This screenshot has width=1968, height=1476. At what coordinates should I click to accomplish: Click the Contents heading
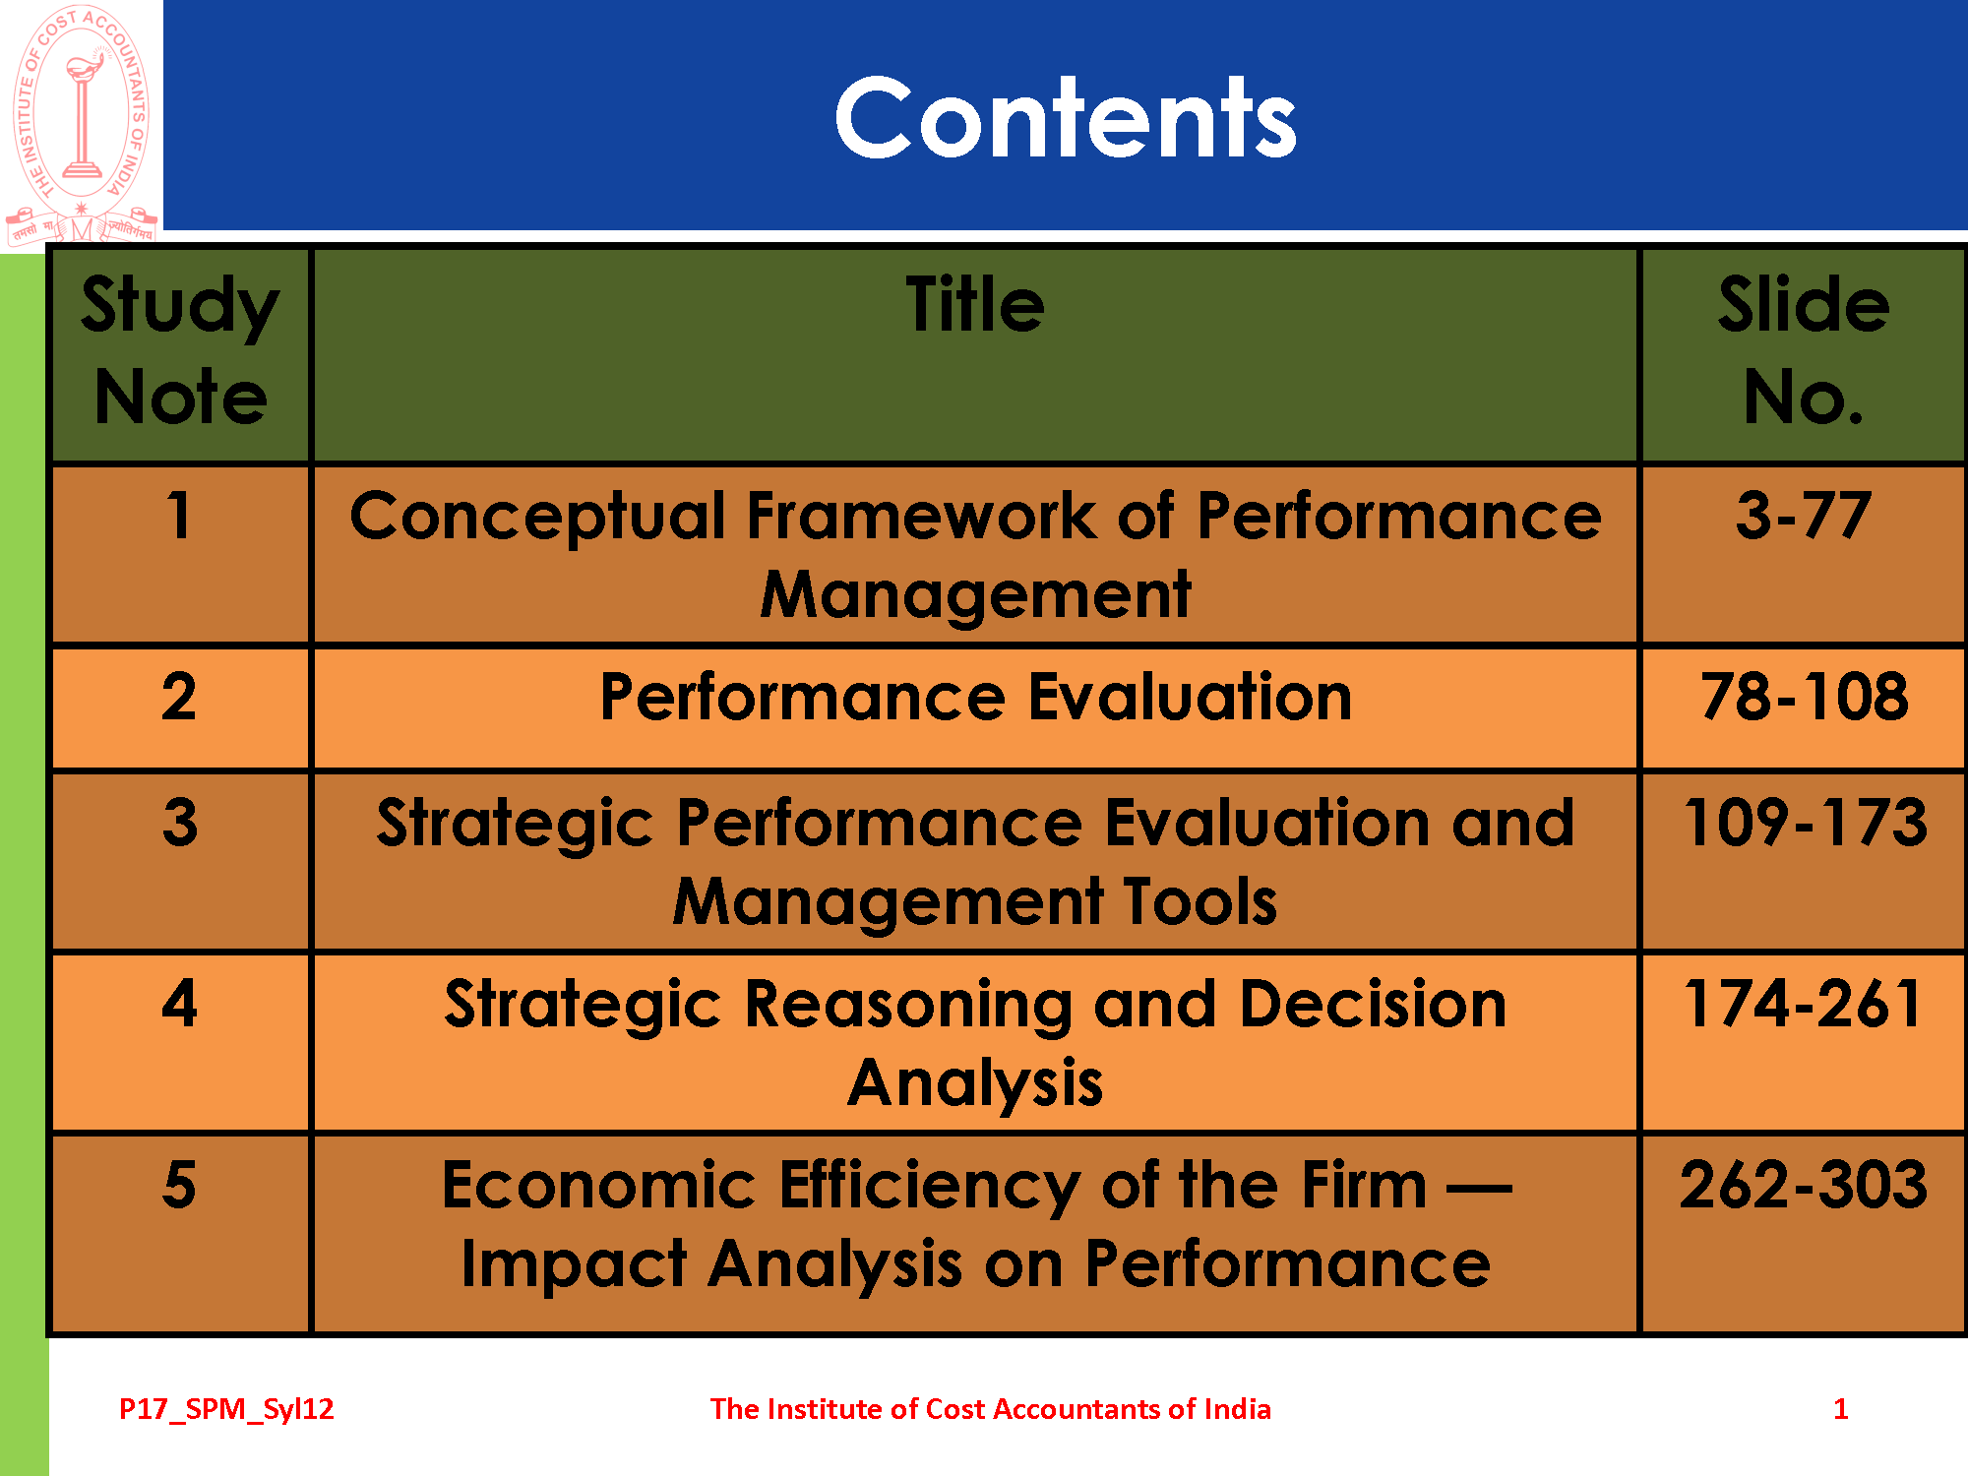tap(1066, 118)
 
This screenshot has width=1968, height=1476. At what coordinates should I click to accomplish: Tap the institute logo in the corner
tap(82, 123)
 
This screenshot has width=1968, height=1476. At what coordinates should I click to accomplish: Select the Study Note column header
tap(180, 350)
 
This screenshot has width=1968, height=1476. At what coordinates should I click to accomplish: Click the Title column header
tap(975, 305)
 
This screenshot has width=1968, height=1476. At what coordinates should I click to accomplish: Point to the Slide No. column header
tap(1804, 350)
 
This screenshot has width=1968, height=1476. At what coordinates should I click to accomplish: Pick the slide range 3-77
tap(1803, 516)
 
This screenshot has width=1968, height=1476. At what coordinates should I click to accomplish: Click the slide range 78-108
tap(1804, 697)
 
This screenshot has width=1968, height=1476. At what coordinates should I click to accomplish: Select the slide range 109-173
tap(1805, 822)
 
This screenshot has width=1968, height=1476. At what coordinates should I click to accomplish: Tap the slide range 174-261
tap(1803, 1004)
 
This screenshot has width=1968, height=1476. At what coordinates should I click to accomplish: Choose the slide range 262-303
tap(1803, 1185)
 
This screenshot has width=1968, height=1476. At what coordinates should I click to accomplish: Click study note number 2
tap(179, 697)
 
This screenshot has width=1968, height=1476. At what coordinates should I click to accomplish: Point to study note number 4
tap(180, 1004)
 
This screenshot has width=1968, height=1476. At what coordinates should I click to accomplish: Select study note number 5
tap(179, 1185)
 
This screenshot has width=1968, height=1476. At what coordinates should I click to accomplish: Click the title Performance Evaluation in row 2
tap(975, 698)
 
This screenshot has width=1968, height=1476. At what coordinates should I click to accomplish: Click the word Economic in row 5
tap(598, 1185)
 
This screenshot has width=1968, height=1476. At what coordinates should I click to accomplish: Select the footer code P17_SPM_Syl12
tap(226, 1410)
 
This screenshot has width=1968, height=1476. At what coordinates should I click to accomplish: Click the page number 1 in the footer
tap(1841, 1409)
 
